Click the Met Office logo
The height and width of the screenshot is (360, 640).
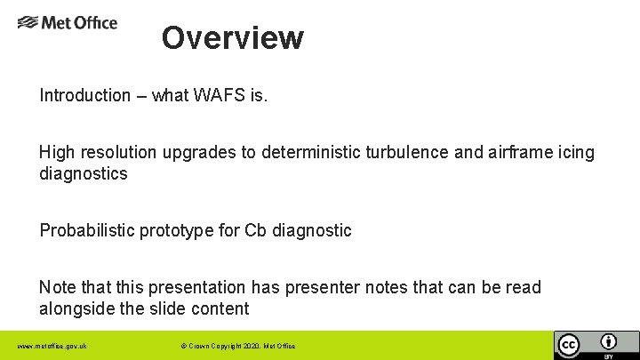click(x=68, y=22)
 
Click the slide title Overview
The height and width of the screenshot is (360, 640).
click(x=233, y=38)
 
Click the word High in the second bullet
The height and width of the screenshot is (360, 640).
click(x=56, y=153)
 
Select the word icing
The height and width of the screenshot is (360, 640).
click(x=577, y=153)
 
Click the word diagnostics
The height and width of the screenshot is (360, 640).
click(x=84, y=173)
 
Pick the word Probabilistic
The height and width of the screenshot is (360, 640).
click(x=86, y=231)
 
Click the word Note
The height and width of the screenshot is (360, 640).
click(x=57, y=288)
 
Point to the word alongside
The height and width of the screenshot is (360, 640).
click(x=76, y=308)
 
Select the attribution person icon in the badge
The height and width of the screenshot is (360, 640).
click(x=609, y=341)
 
